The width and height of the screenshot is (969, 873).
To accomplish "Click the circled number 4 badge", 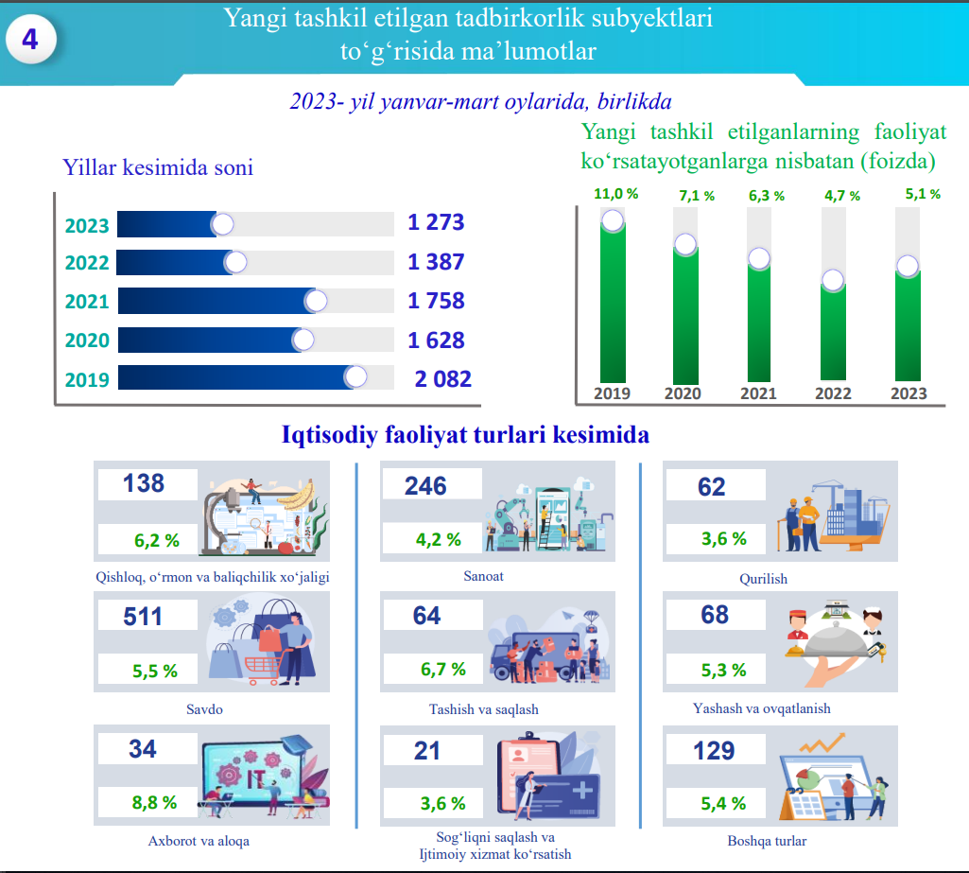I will point(31,41).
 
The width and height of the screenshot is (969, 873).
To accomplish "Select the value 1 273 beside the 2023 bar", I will point(436,223).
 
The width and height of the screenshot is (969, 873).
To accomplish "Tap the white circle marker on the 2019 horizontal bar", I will point(355,377).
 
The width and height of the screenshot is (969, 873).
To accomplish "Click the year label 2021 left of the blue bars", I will point(87,302).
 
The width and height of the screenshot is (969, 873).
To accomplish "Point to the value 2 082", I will point(442,379).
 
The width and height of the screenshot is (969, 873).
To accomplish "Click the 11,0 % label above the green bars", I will point(615,194).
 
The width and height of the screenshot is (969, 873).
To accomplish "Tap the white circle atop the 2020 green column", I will point(685,244).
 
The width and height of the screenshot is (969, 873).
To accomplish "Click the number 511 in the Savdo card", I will point(143,617).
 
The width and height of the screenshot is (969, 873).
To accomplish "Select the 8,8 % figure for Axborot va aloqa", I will point(154,803).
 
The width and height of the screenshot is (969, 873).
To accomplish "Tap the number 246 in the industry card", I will point(425,486).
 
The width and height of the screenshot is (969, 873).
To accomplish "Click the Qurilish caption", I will point(763,578).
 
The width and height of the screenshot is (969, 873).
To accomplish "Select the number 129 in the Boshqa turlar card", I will point(713,751).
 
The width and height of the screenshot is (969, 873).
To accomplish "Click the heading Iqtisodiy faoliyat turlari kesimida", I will point(465,436).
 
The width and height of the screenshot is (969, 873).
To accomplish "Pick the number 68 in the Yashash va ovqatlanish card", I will point(715,615).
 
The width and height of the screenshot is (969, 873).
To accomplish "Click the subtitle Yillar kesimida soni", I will point(158,168).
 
